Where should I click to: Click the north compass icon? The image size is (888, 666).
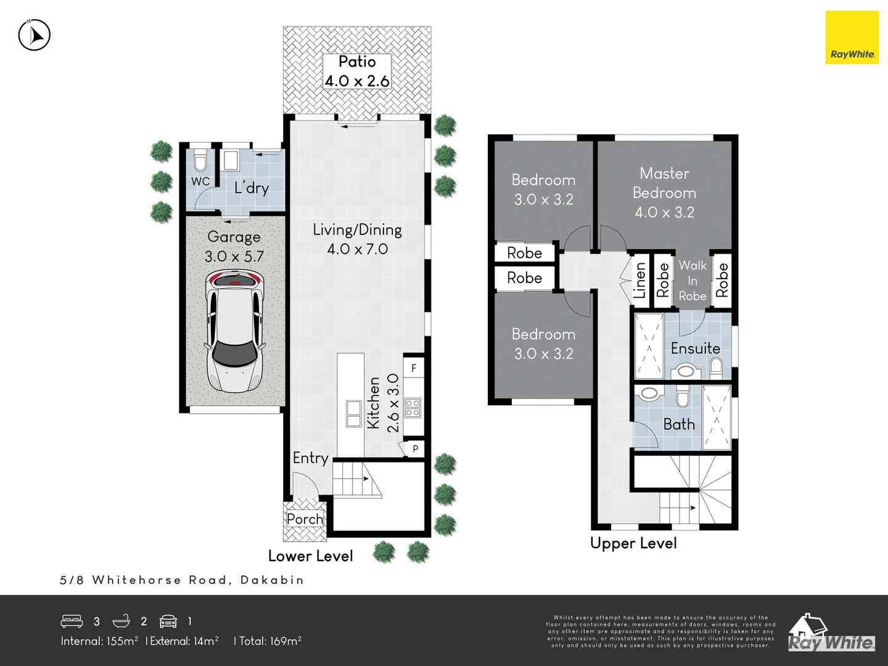[x=35, y=35]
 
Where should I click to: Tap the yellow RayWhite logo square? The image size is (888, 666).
[x=852, y=38]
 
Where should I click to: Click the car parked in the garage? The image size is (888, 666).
[x=234, y=333]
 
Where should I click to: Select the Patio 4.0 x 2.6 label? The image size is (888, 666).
[x=357, y=72]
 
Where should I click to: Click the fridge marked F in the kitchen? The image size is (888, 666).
[x=413, y=368]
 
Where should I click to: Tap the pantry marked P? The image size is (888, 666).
[x=414, y=449]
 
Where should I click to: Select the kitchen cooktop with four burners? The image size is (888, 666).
[x=413, y=408]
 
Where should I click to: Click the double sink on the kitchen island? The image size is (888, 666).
[x=353, y=413]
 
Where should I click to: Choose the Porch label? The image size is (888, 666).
[x=305, y=519]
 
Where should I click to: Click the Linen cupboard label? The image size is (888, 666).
[x=639, y=281]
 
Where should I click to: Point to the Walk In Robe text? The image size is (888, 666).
[x=693, y=281]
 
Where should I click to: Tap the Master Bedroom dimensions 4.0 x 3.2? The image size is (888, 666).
[x=664, y=212]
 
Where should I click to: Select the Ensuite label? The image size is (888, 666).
[x=695, y=348]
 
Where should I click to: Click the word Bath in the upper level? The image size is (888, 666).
[x=679, y=424]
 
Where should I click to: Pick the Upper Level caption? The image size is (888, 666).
[x=633, y=543]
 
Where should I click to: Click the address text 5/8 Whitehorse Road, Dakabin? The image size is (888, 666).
[x=182, y=580]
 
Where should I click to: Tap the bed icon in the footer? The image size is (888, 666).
[x=72, y=620]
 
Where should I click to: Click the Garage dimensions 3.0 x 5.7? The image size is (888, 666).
[x=234, y=257]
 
